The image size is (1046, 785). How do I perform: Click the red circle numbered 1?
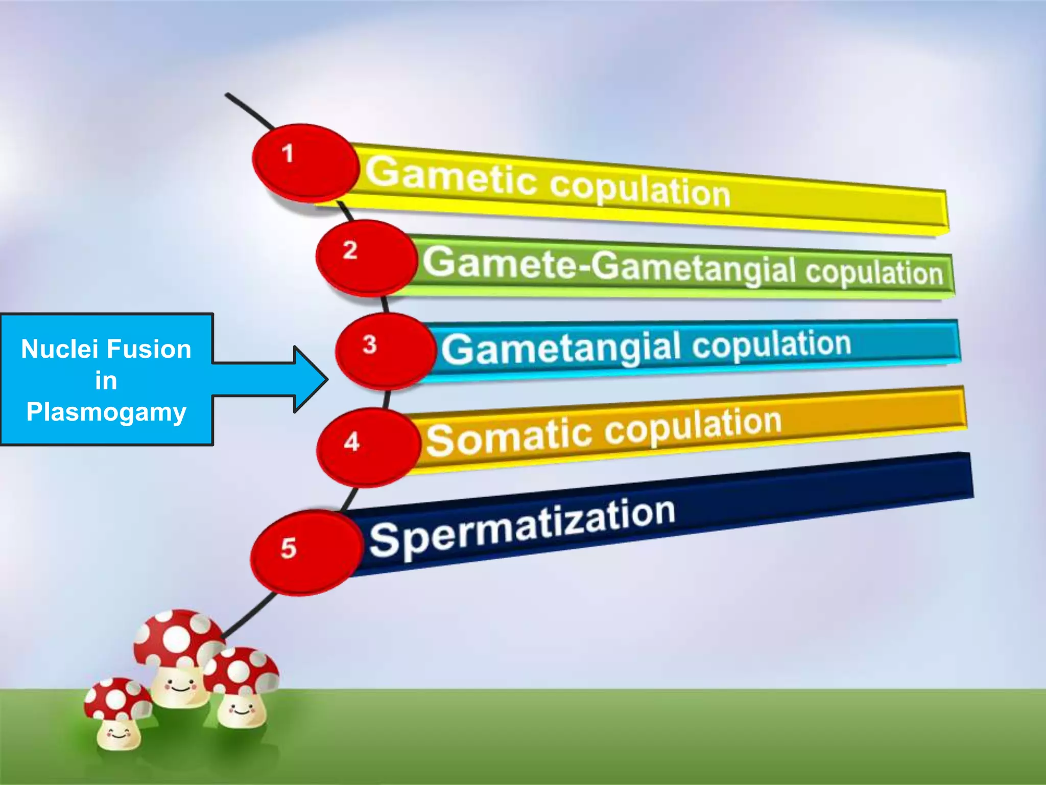(305, 161)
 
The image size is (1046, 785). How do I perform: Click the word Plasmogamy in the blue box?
(106, 412)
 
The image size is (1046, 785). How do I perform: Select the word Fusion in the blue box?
(149, 350)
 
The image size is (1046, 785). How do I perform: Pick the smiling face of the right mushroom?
(241, 708)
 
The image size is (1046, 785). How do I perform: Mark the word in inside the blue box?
(106, 381)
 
